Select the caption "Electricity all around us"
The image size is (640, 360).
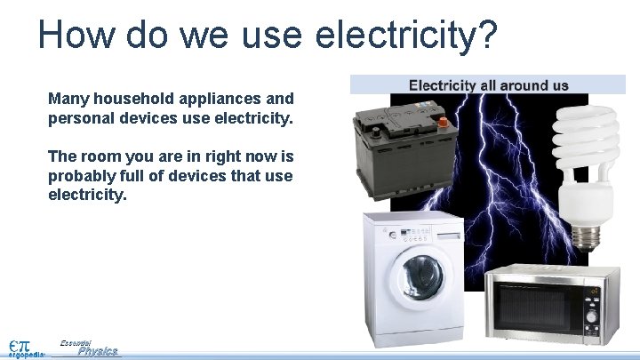pos(488,86)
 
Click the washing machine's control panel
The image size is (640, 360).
pos(414,233)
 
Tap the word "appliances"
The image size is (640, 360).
pos(214,98)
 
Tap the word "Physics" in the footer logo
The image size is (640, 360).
pos(98,351)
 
